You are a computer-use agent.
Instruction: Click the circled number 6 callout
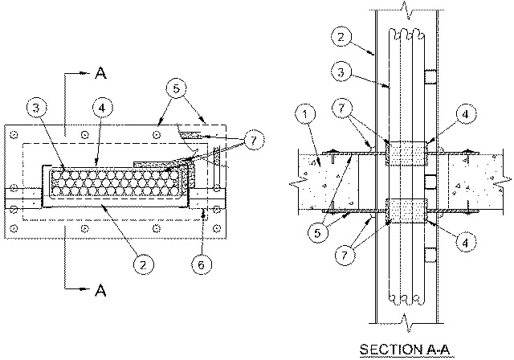[x=202, y=264]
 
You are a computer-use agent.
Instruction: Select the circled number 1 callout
[x=305, y=114]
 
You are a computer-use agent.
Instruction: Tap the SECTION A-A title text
[x=405, y=350]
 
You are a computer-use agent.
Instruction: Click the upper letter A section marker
[x=100, y=72]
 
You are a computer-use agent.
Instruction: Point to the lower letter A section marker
[x=100, y=290]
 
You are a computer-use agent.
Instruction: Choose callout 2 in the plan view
[x=143, y=264]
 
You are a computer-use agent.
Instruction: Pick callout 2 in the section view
[x=341, y=36]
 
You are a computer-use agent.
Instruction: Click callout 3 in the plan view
[x=36, y=108]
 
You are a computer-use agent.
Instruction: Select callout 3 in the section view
[x=341, y=72]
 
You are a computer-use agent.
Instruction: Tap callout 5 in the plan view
[x=176, y=88]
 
